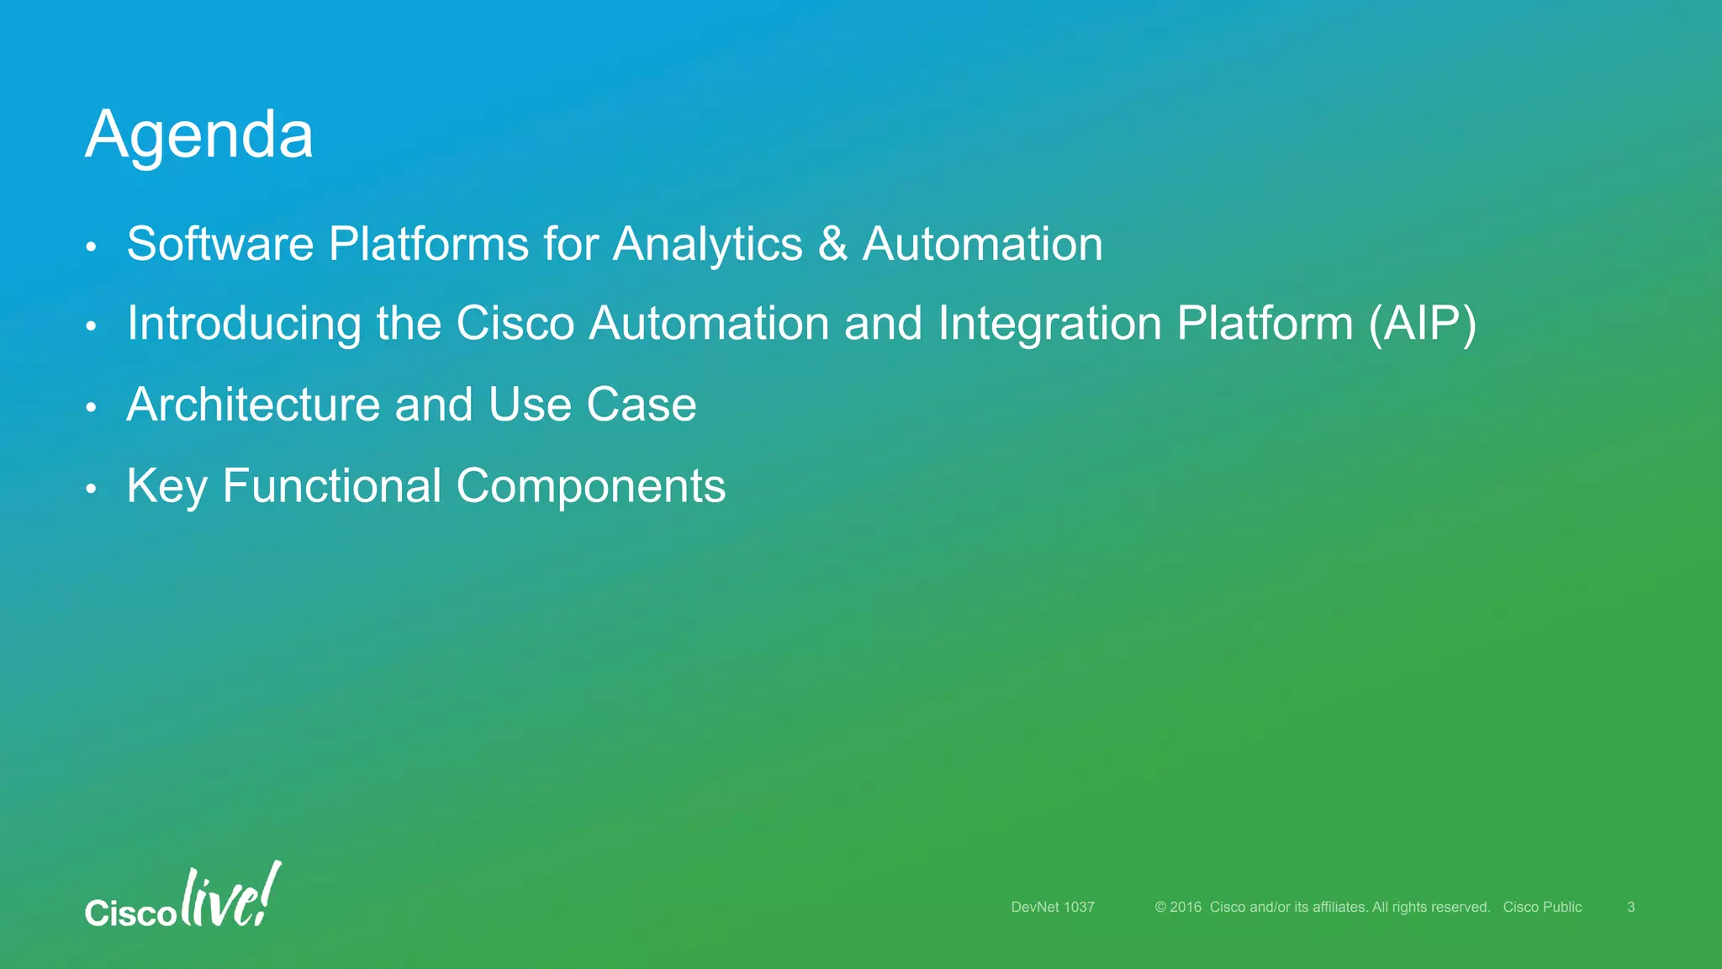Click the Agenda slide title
[199, 135]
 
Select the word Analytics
[708, 245]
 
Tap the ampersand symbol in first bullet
[832, 244]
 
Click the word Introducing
[244, 324]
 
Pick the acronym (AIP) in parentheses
[1422, 324]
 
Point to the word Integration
[1049, 324]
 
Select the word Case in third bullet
[641, 405]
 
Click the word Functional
[331, 485]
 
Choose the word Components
[590, 487]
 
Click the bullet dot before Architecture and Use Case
[92, 408]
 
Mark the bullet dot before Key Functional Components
[92, 489]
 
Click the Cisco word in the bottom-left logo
[130, 913]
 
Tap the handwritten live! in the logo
[230, 896]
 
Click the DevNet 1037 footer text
[1053, 907]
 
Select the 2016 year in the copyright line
[1186, 907]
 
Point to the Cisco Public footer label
[1542, 907]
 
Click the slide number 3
[1630, 907]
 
